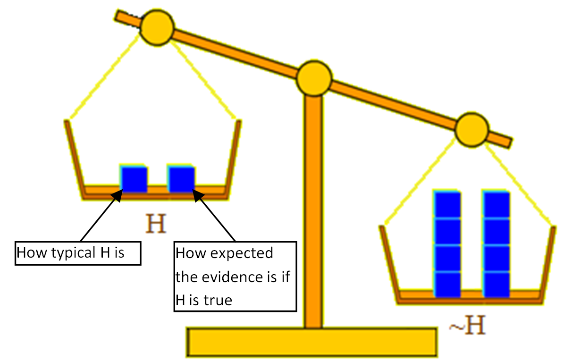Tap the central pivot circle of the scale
tap(314, 78)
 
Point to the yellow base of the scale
tap(312, 342)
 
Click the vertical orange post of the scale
tap(313, 208)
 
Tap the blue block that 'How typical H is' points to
tap(134, 178)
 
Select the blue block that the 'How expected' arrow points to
tap(181, 178)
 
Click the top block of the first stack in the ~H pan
tap(447, 205)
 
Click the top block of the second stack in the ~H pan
tap(496, 205)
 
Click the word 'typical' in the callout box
tap(73, 253)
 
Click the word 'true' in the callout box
tap(218, 300)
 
